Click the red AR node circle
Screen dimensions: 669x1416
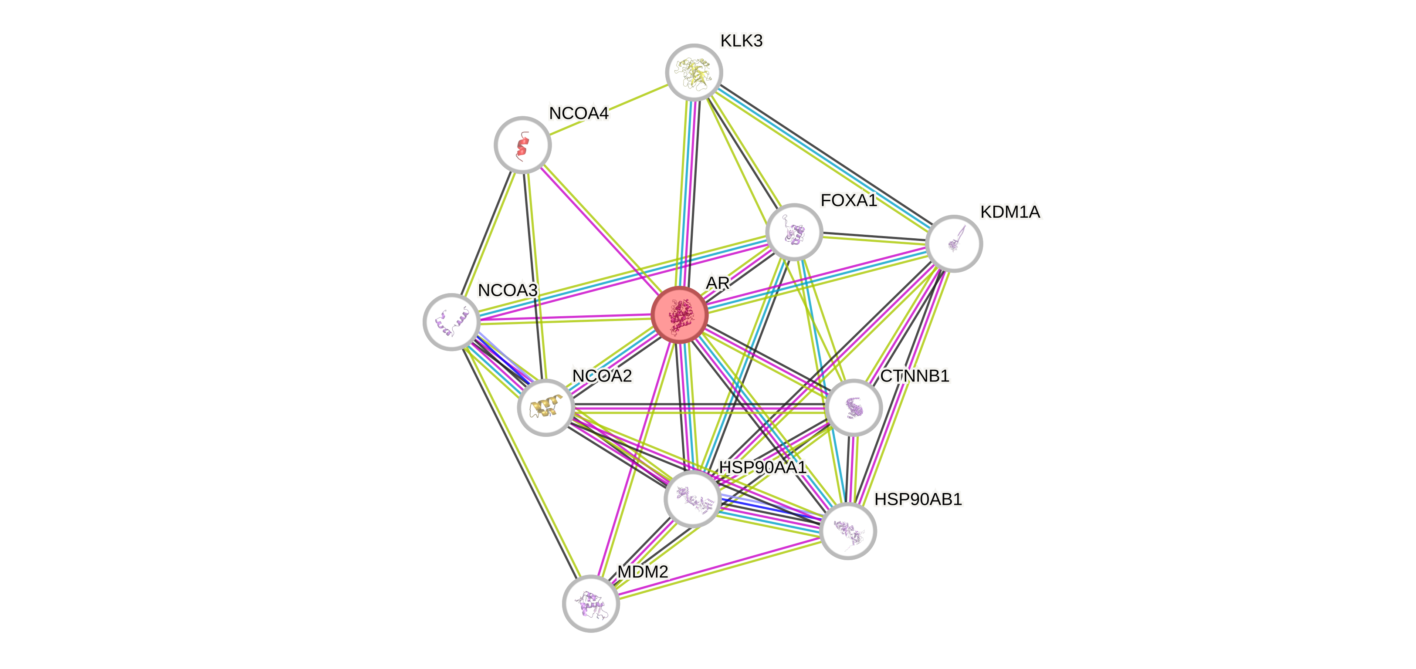679,315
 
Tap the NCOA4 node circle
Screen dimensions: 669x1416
522,145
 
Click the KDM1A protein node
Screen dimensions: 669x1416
954,243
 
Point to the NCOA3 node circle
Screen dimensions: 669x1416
451,321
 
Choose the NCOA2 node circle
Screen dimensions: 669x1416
546,407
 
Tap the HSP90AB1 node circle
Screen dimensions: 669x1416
847,530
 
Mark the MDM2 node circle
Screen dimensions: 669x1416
591,603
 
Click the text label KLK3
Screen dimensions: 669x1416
741,41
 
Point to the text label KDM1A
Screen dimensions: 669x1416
1010,212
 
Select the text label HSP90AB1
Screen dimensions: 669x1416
918,499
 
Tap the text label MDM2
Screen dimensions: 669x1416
642,572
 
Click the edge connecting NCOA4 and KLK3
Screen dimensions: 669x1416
608,109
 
